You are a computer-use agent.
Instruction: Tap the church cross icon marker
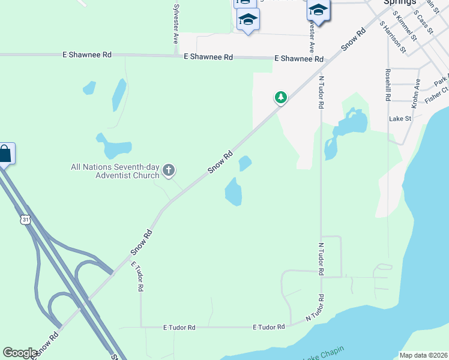[169, 171]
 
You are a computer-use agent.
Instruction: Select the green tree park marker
[280, 97]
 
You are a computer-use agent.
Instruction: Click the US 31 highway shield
[25, 220]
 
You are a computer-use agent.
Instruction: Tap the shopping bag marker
[5, 154]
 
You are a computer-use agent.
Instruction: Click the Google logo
[20, 353]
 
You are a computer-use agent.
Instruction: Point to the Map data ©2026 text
[423, 355]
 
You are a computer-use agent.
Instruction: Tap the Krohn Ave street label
[416, 94]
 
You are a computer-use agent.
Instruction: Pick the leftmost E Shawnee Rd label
[87, 55]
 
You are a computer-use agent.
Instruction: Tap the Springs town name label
[400, 2]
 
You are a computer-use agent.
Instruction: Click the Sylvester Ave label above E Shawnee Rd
[176, 24]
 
